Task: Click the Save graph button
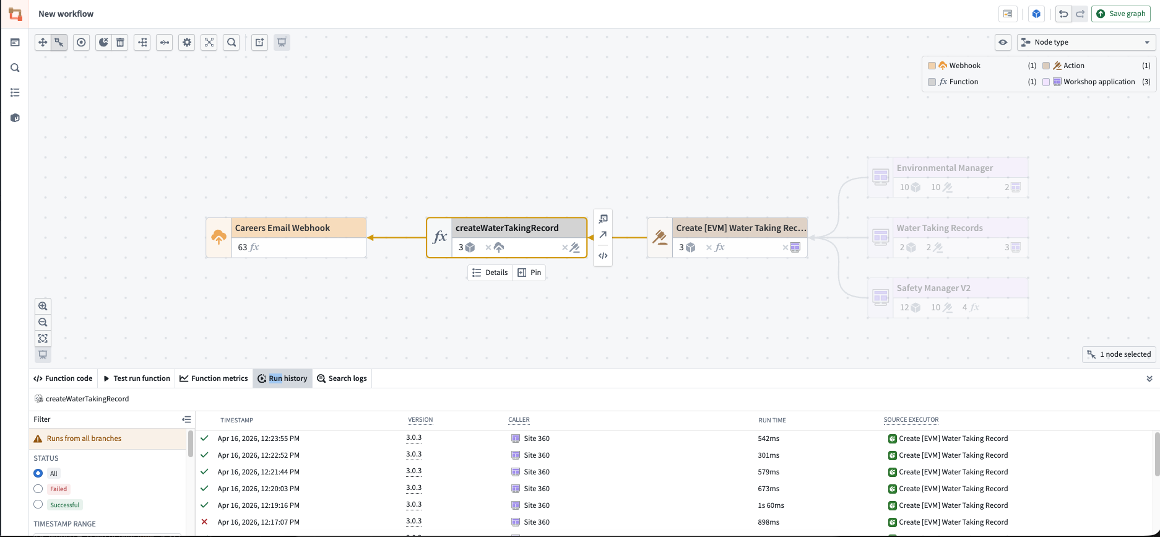(x=1120, y=14)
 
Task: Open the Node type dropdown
(x=1086, y=42)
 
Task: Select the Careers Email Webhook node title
(x=282, y=228)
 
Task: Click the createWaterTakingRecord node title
(x=507, y=228)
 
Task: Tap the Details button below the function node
(x=490, y=273)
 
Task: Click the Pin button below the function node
(x=529, y=273)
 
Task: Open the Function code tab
(x=63, y=378)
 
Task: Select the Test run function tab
(x=137, y=378)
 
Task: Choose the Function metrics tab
(x=214, y=378)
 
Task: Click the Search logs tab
(x=342, y=378)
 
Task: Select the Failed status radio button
(x=38, y=489)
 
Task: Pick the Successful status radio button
(x=38, y=505)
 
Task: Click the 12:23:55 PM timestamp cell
(x=259, y=439)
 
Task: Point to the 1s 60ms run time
(x=771, y=505)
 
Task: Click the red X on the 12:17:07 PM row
(x=204, y=522)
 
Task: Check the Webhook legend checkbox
(x=932, y=66)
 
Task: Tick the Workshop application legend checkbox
(x=1046, y=82)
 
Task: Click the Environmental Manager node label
(x=945, y=168)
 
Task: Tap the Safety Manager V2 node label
(x=933, y=288)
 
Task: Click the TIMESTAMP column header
(x=237, y=420)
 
